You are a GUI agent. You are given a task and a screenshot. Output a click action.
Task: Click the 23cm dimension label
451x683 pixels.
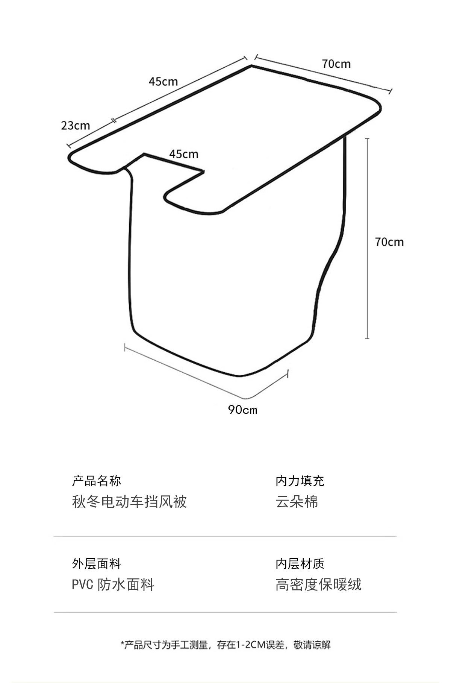76,125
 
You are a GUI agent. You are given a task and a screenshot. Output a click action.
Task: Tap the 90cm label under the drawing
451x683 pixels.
242,410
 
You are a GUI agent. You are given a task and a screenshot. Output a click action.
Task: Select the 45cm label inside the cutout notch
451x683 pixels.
183,154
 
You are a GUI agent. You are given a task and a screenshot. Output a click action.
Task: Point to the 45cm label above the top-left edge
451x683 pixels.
163,81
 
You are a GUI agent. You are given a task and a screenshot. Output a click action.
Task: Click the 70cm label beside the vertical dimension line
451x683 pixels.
389,242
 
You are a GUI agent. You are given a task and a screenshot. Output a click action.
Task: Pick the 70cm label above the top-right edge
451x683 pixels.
336,64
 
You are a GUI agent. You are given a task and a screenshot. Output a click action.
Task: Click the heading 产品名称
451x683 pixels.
97,481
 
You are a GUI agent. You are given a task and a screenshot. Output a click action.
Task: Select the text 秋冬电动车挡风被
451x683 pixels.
129,502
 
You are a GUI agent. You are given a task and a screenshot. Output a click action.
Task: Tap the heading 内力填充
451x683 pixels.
300,481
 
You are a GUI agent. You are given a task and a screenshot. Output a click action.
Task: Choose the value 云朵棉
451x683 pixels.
297,502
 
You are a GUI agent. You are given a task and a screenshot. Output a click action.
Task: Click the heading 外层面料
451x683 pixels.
97,564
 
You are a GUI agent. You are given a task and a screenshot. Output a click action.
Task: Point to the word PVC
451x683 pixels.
82,585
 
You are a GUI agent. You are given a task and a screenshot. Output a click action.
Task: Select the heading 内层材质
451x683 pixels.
300,564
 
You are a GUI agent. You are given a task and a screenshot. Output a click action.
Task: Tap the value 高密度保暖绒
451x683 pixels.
318,585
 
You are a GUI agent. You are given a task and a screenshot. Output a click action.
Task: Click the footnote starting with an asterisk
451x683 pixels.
225,645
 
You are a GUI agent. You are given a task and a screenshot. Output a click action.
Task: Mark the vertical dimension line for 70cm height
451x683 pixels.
367,238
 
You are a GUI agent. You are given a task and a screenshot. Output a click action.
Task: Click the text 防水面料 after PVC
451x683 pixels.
126,585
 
